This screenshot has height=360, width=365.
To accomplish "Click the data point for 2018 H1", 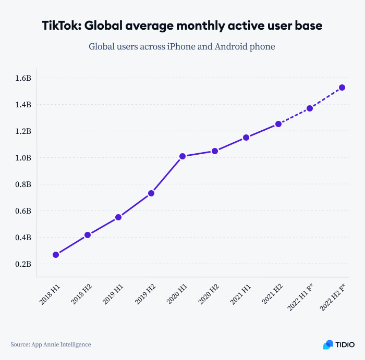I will (56, 255).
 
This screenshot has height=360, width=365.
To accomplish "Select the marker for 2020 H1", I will (182, 156).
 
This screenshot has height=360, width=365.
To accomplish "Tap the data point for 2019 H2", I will (151, 193).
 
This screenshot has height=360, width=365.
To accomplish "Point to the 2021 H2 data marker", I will (278, 124).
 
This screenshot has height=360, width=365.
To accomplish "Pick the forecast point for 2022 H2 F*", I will (342, 88).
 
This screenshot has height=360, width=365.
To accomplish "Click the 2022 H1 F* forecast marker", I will (310, 108).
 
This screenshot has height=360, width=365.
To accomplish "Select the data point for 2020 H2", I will (214, 151).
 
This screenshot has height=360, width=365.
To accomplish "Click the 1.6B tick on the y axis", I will (23, 78).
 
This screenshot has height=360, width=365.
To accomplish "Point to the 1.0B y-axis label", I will (23, 158).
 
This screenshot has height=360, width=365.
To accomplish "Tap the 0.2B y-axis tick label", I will (23, 264).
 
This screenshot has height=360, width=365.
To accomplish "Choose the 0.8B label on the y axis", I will (23, 184).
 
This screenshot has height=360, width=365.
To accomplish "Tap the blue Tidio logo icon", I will (328, 344).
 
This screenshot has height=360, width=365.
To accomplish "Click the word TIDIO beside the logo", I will (345, 344).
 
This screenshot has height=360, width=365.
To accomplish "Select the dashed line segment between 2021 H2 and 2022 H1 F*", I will (294, 116).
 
